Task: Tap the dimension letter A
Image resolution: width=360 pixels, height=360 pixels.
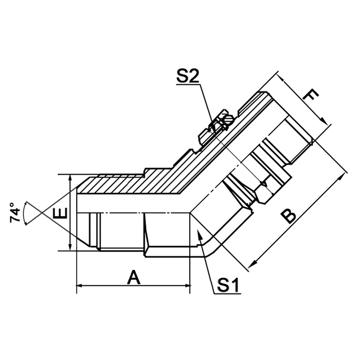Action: click(134, 278)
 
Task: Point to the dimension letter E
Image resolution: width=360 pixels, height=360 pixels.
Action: click(61, 212)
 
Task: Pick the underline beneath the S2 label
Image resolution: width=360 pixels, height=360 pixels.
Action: click(188, 85)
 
